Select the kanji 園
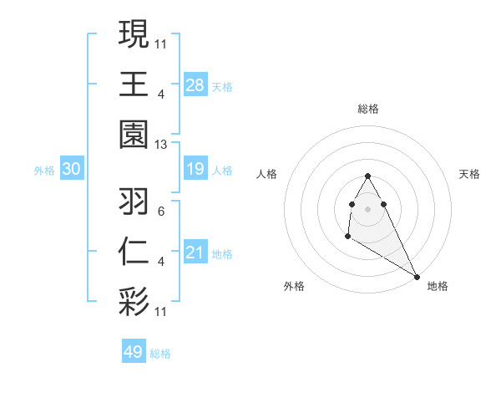pyautogui.click(x=134, y=134)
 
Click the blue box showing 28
pyautogui.click(x=195, y=85)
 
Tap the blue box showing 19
pyautogui.click(x=195, y=170)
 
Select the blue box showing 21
pyautogui.click(x=195, y=253)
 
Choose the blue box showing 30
pyautogui.click(x=71, y=170)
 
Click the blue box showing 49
pyautogui.click(x=134, y=352)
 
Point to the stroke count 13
pyautogui.click(x=161, y=144)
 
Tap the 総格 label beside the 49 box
pyautogui.click(x=160, y=354)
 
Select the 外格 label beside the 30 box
pyautogui.click(x=44, y=171)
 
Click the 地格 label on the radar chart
pyautogui.click(x=438, y=286)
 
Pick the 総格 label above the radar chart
pyautogui.click(x=368, y=109)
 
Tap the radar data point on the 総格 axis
pyautogui.click(x=367, y=176)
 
